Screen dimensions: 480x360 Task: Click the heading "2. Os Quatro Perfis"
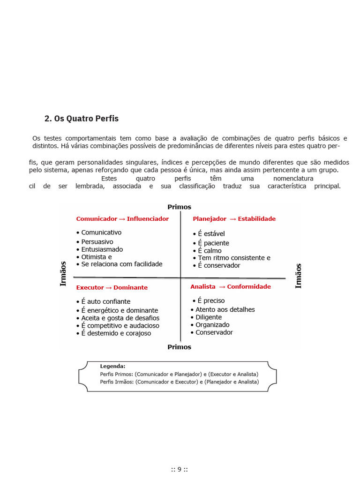click(x=82, y=119)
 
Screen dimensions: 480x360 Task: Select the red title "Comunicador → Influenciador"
click(x=122, y=219)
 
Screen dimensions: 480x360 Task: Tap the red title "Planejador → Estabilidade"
click(x=234, y=219)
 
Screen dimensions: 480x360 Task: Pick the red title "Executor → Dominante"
click(x=112, y=287)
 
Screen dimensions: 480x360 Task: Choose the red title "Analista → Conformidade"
click(x=230, y=286)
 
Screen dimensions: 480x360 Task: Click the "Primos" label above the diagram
click(x=180, y=207)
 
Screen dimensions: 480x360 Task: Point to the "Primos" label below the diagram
click(x=180, y=347)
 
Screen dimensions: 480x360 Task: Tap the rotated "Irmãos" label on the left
click(x=63, y=274)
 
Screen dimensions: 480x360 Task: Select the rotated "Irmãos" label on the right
click(x=299, y=276)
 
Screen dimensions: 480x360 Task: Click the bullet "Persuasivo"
click(x=97, y=242)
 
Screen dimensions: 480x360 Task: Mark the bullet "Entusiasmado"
click(x=102, y=249)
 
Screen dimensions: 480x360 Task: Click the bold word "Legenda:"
click(x=112, y=366)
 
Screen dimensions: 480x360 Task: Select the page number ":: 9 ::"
click(x=180, y=469)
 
